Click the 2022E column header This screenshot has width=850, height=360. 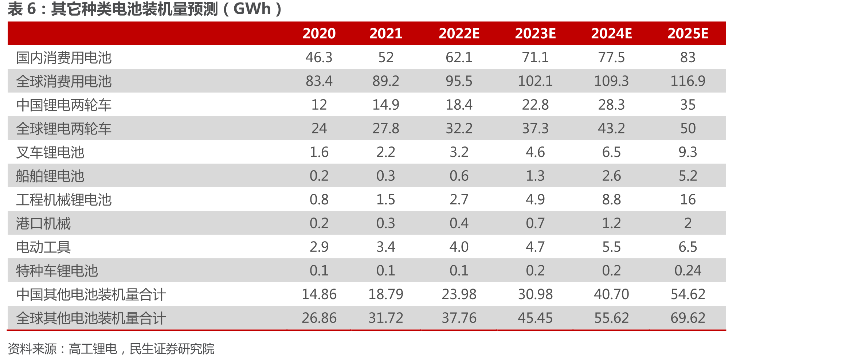coord(459,34)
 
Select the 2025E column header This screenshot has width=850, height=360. coord(688,34)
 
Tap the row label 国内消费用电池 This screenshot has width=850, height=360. coord(64,58)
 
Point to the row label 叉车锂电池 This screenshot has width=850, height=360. coord(50,152)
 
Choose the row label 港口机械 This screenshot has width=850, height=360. coord(43,223)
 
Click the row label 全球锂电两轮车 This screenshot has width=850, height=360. coord(64,129)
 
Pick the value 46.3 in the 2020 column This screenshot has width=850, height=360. coord(319,58)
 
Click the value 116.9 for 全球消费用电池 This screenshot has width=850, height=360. coord(688,81)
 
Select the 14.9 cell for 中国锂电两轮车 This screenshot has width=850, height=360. coord(386,105)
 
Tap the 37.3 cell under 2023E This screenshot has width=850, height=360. coord(535,128)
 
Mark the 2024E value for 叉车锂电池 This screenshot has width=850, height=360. coord(611,152)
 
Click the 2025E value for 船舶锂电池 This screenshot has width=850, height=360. coord(688,176)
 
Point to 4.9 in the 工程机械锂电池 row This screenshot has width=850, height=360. coord(535,199)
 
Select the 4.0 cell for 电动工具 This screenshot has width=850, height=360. coord(459,247)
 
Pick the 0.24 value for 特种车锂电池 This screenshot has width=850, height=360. coord(688,270)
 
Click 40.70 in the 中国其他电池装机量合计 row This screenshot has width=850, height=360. coord(611,294)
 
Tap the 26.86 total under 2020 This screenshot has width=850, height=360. coord(319,318)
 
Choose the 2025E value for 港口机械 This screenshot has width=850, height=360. coord(688,223)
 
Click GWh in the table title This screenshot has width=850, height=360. coord(252,9)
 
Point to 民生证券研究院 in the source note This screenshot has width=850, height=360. coord(172,349)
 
